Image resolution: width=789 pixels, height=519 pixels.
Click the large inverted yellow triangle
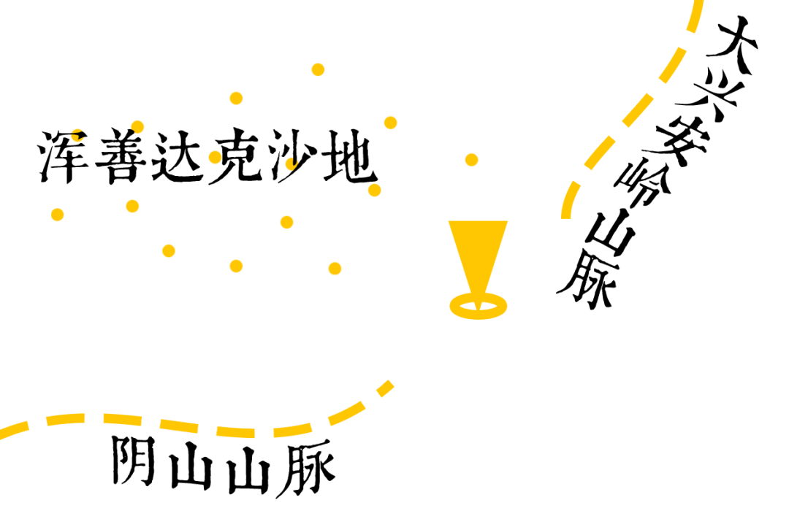point(478,248)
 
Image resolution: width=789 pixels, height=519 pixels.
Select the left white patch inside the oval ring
point(468,306)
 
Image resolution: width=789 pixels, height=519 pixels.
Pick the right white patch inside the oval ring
point(489,306)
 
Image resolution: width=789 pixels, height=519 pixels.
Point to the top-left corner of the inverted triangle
point(449,222)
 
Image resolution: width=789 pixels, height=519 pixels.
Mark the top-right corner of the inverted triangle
point(507,222)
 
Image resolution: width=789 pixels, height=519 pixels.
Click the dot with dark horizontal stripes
point(77,136)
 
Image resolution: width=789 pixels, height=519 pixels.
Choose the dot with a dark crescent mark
point(291,164)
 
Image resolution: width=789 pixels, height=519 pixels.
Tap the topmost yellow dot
point(318,69)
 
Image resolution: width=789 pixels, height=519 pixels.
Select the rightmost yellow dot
point(471,160)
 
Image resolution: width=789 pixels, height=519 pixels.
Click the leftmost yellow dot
point(58,215)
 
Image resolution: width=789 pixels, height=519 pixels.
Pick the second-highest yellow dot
point(236,98)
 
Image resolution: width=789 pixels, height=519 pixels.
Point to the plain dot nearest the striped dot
point(137,126)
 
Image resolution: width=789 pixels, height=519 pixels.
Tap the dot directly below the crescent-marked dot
point(287,222)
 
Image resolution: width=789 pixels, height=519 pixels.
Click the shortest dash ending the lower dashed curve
point(384,389)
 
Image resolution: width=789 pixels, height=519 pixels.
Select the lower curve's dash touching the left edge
point(14,429)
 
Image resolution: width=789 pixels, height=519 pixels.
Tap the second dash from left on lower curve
point(66,419)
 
